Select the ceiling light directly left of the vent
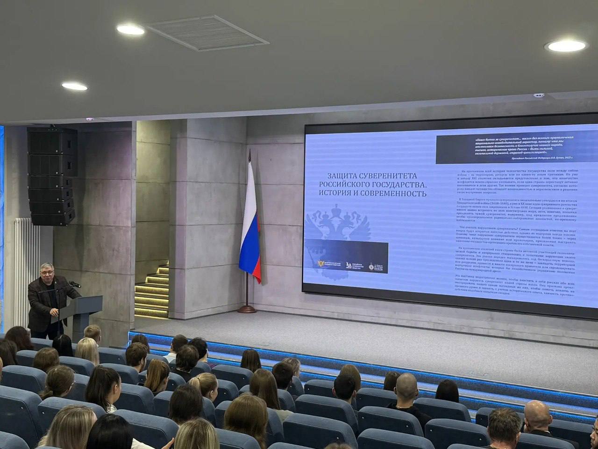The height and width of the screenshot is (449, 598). tap(130, 30)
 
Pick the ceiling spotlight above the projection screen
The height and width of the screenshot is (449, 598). tap(566, 46)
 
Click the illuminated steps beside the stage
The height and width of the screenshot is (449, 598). tap(152, 292)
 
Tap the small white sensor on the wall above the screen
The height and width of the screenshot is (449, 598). tap(539, 95)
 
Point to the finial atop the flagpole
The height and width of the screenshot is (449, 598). tap(250, 152)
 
